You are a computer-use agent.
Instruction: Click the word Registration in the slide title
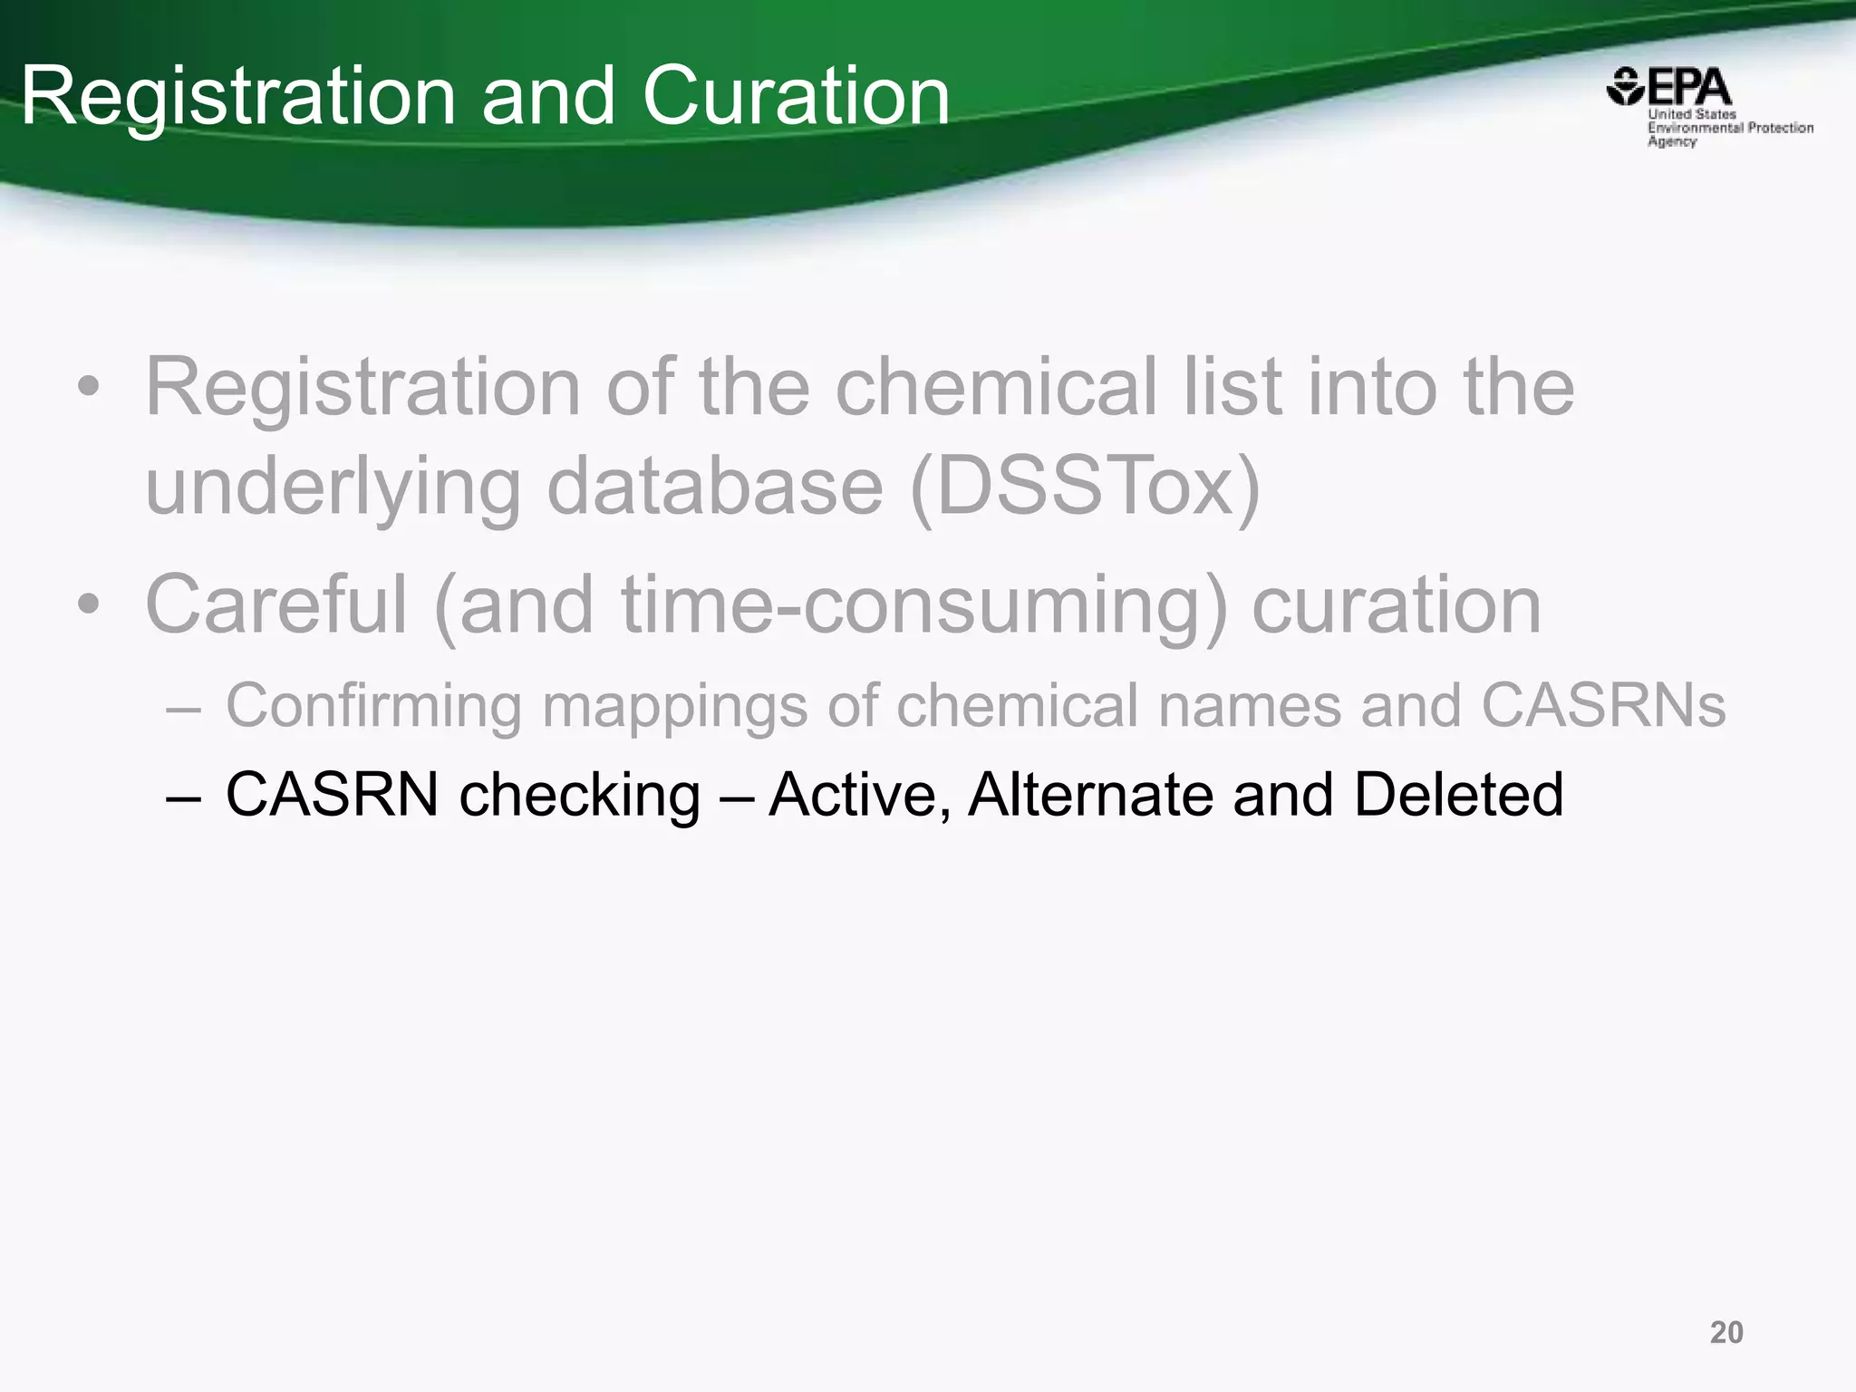point(237,98)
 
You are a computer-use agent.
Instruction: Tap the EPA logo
point(1709,107)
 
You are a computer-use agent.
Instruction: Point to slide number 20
point(1726,1332)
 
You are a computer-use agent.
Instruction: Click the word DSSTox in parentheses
point(1084,487)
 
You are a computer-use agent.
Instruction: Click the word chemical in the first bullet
point(996,387)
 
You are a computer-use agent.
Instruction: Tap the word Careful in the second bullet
point(275,604)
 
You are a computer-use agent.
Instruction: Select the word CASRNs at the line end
point(1603,705)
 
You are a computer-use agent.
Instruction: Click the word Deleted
point(1458,795)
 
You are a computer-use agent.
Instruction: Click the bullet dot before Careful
point(88,605)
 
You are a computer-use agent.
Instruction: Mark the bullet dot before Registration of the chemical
point(88,388)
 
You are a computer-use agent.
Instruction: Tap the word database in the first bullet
point(714,487)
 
